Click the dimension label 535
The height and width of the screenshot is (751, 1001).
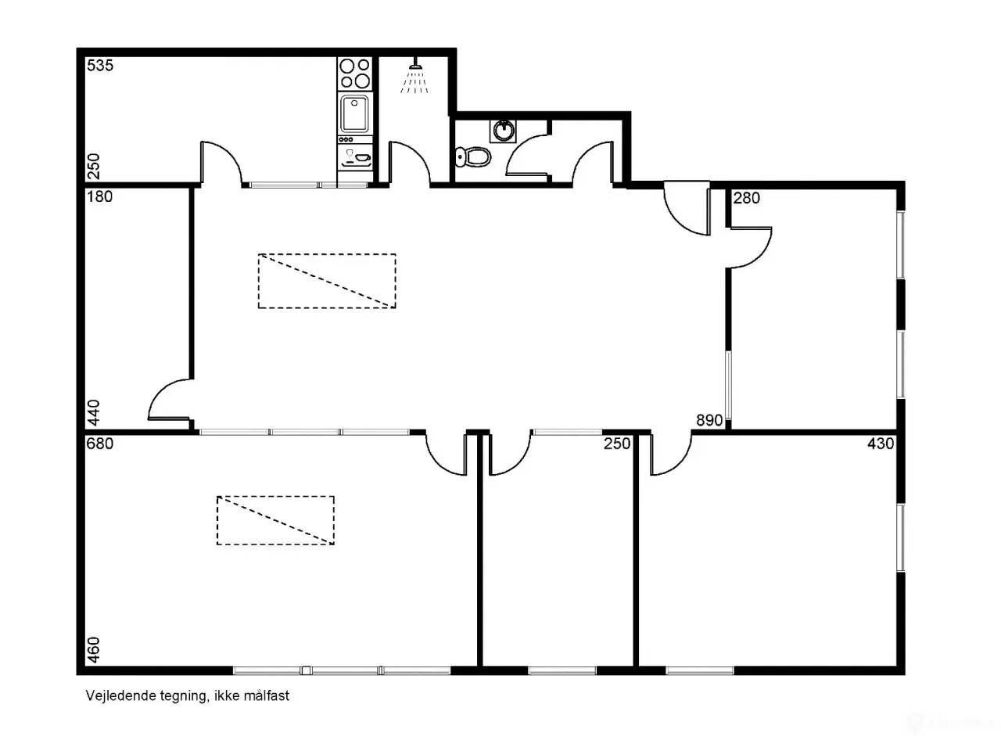[100, 66]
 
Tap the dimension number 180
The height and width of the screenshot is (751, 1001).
[99, 197]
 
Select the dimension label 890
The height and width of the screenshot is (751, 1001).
[709, 420]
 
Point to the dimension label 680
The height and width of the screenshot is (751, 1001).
[100, 444]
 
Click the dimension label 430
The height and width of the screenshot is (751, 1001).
[881, 444]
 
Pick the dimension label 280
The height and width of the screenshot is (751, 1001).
[747, 199]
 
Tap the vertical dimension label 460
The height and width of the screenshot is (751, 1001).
[94, 650]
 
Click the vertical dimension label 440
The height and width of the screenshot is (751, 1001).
[94, 413]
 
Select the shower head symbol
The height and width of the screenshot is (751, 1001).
[414, 76]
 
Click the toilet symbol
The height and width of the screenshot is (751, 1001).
[473, 157]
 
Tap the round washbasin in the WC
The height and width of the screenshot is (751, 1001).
[504, 131]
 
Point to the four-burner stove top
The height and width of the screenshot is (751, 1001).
[355, 73]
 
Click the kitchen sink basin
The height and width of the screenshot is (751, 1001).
[355, 113]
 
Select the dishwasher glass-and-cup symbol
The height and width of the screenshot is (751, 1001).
[355, 156]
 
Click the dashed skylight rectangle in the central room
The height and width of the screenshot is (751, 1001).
[327, 281]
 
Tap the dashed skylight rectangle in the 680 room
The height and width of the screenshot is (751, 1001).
[275, 520]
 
